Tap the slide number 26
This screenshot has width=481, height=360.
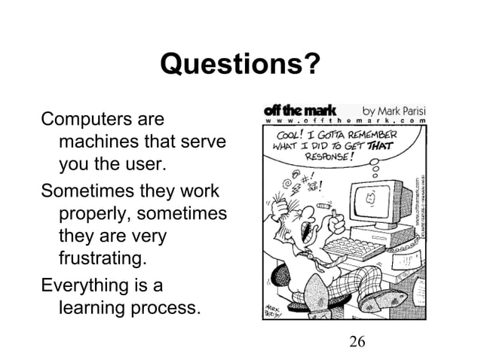(357, 343)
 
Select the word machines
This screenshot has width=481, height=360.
(95, 142)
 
